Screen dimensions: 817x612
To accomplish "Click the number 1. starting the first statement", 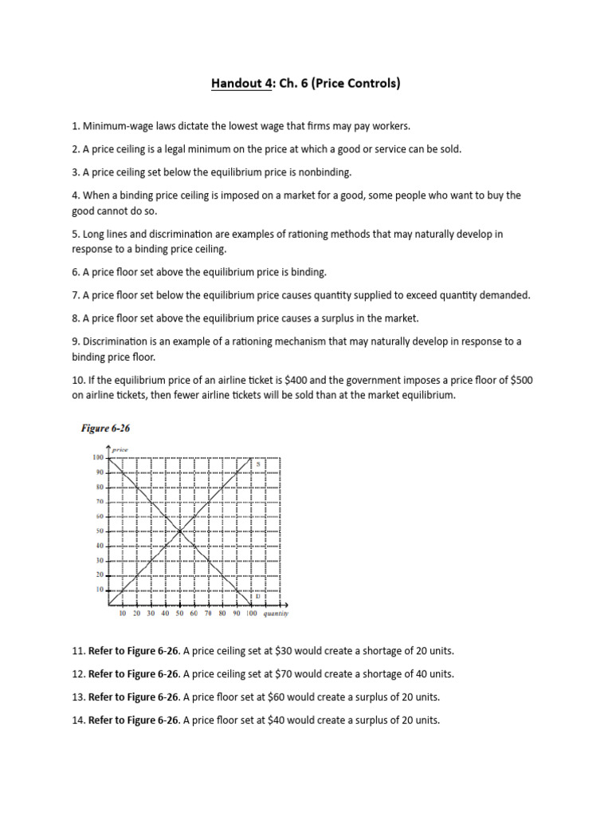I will point(76,126).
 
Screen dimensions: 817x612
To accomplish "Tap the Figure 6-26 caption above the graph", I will point(105,428).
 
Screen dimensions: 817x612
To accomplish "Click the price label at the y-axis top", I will point(120,450).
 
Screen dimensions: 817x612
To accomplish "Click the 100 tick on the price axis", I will point(98,457).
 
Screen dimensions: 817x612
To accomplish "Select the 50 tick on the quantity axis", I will point(179,614).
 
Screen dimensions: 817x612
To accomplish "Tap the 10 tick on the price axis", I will point(100,589).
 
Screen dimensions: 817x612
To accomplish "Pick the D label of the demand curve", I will point(257,596).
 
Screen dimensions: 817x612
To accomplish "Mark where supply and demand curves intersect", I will point(180,531).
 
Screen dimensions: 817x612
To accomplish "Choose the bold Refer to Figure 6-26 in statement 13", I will point(134,697).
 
